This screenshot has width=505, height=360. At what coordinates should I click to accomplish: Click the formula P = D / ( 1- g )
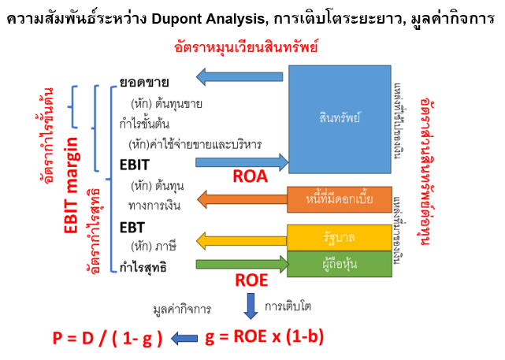[109, 338]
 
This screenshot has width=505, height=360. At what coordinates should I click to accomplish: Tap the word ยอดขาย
[144, 82]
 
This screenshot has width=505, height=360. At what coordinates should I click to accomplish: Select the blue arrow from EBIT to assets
[240, 162]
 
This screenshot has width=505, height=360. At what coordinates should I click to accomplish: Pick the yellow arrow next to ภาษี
[240, 239]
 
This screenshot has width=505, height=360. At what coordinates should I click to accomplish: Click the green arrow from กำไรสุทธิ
[240, 265]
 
